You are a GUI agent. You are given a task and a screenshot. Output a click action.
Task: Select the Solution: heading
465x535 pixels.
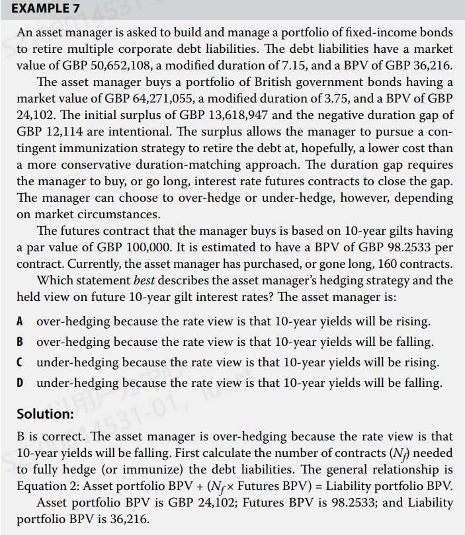pos(45,415)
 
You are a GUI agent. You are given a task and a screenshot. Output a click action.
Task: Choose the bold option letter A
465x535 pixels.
pos(21,321)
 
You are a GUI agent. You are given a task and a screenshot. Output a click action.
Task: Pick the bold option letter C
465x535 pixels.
pos(21,362)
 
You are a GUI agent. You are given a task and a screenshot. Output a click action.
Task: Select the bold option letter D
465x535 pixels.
pos(21,382)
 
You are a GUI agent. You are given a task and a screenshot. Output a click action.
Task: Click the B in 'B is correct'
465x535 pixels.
pos(21,436)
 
